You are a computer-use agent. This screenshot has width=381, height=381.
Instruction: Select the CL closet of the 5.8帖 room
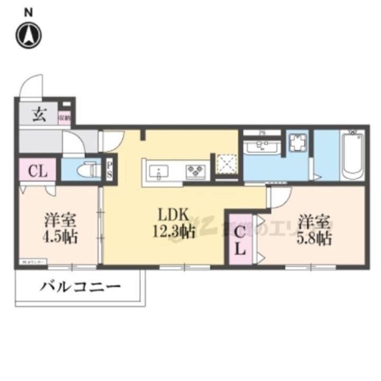pos(240,239)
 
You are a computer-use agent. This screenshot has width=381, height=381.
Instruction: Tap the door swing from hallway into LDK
pos(112,140)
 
